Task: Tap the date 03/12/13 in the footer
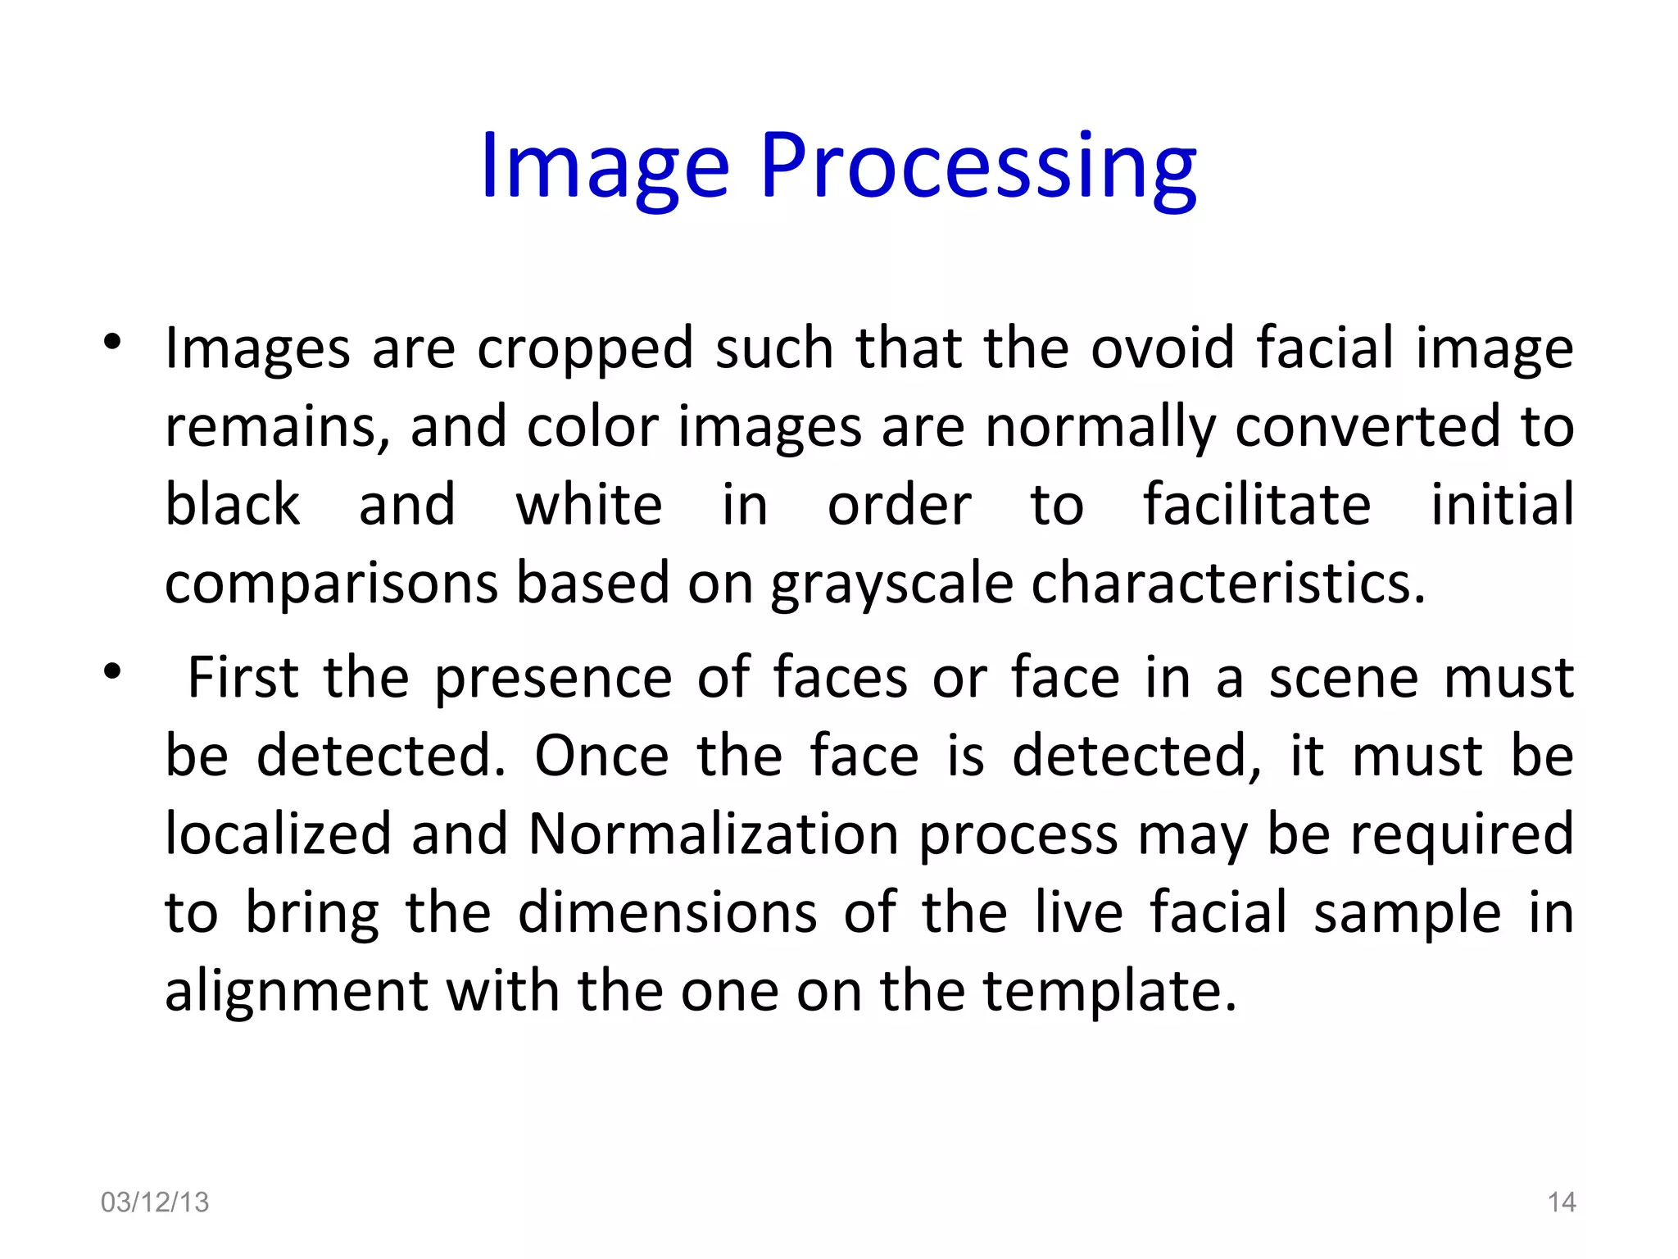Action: (x=155, y=1202)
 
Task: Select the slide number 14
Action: (x=1562, y=1202)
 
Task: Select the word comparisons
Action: (x=331, y=585)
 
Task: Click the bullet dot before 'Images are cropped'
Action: (x=113, y=343)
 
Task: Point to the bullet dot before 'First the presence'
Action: (x=113, y=672)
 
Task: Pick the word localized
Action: (x=278, y=834)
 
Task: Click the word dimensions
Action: (x=667, y=912)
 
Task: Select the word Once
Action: (x=601, y=756)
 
